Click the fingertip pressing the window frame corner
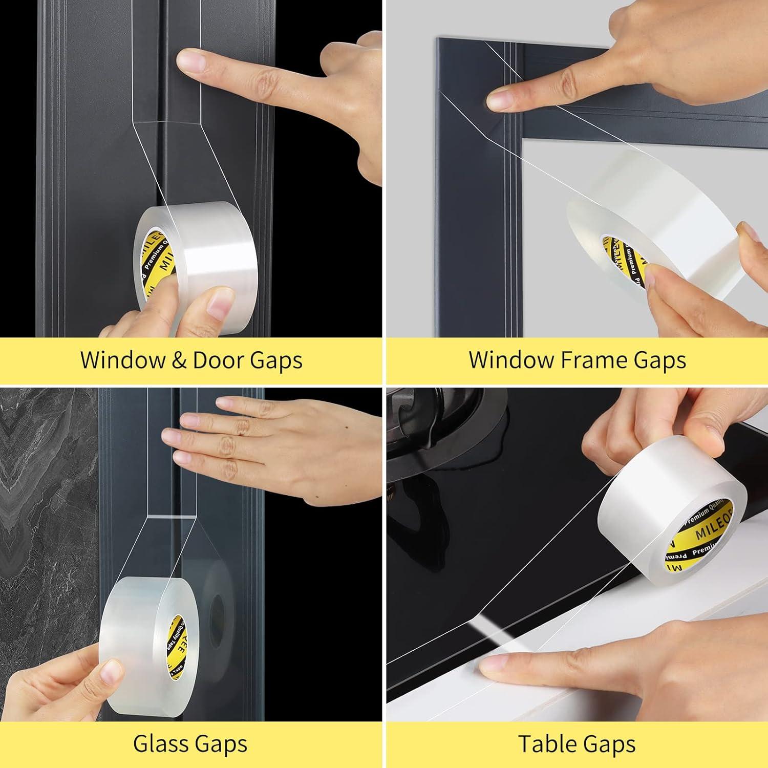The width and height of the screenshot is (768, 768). [499, 99]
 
